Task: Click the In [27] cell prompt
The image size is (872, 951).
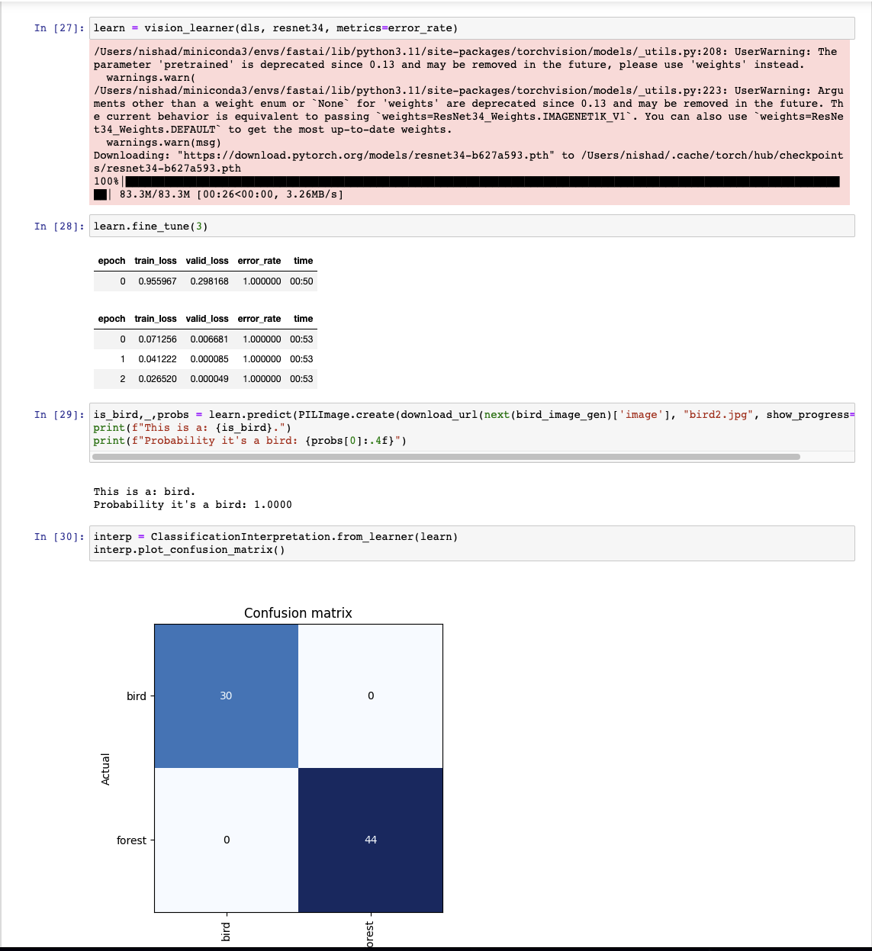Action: click(58, 28)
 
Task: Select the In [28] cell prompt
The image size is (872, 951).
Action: click(58, 227)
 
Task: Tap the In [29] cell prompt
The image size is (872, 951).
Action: click(58, 415)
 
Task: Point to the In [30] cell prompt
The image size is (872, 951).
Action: click(58, 537)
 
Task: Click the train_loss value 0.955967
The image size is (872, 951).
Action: click(157, 281)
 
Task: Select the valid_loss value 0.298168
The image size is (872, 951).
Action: click(209, 281)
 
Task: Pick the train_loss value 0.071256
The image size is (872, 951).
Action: click(157, 339)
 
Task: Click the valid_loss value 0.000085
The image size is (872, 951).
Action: click(209, 359)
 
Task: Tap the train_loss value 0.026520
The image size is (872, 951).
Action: click(157, 379)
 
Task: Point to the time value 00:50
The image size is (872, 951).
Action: click(301, 281)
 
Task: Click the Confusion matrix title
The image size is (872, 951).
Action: click(298, 613)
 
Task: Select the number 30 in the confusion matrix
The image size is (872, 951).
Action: click(226, 696)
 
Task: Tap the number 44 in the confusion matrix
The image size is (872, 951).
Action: click(371, 840)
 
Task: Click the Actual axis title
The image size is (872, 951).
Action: click(106, 769)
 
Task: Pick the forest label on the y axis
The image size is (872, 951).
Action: click(131, 840)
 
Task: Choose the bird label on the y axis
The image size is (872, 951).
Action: click(136, 696)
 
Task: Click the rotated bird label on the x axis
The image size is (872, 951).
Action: click(226, 931)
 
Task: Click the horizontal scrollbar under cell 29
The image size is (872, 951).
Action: click(446, 457)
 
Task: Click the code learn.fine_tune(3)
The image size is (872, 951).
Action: click(150, 227)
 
